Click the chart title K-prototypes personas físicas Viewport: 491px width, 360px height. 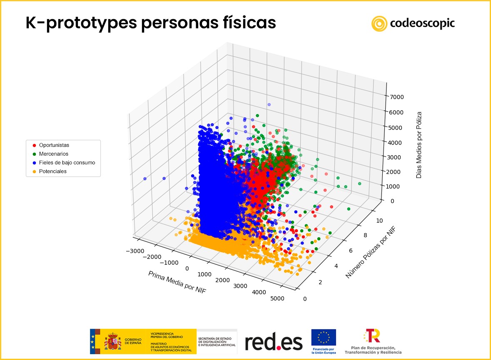pos(150,23)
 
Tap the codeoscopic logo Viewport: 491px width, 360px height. pos(413,23)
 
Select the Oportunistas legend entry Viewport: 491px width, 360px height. pos(54,145)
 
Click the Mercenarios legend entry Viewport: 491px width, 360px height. pos(53,154)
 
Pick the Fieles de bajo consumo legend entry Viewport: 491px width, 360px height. pos(67,162)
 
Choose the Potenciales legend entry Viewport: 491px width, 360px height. pos(52,171)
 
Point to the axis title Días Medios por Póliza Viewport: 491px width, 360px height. pos(419,145)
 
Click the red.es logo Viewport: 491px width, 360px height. pos(273,342)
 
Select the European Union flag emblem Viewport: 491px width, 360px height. pos(323,338)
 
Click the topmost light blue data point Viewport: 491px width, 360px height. pos(269,104)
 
